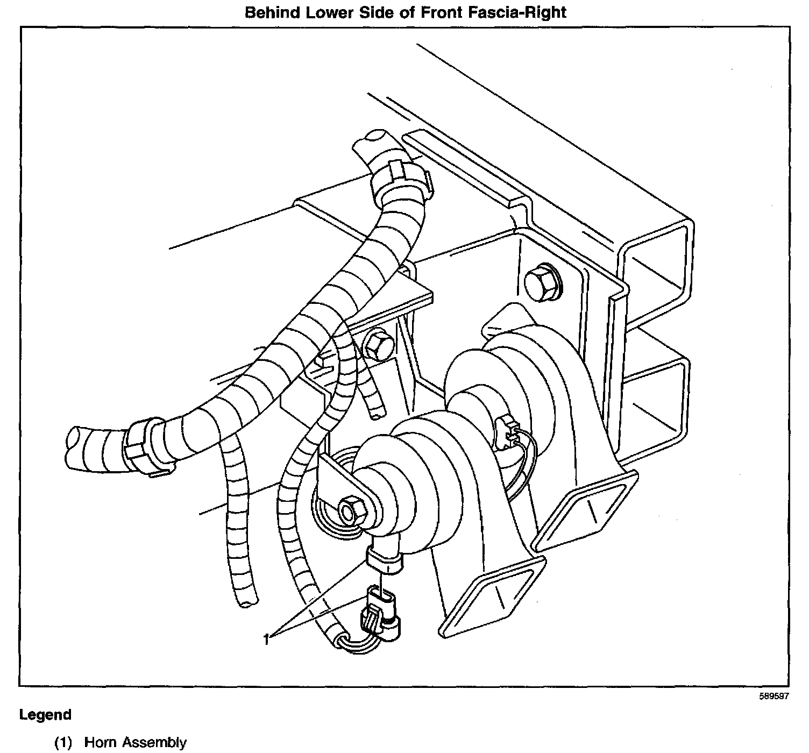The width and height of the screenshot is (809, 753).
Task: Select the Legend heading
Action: coord(45,715)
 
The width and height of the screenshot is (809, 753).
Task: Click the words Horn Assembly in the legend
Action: coord(136,743)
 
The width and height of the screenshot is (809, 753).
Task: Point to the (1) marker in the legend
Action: coord(63,743)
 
